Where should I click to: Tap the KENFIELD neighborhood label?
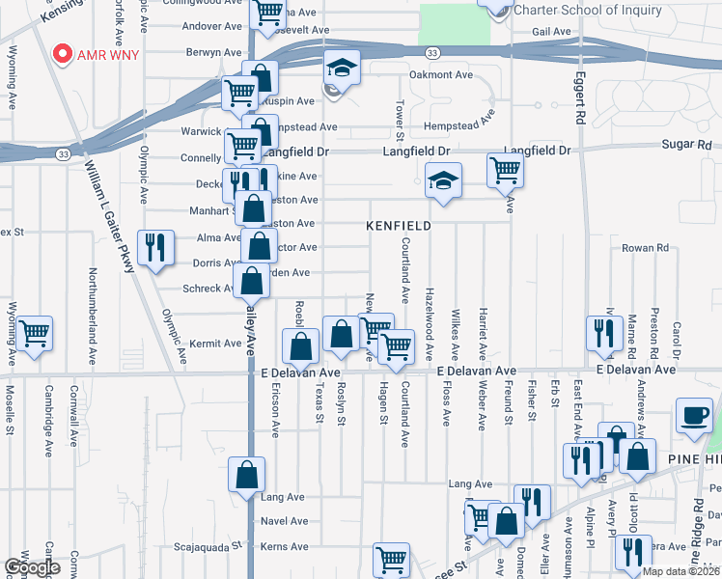(398, 226)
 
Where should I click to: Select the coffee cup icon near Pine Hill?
(694, 417)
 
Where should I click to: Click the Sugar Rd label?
(686, 145)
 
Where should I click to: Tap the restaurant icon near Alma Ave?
(153, 249)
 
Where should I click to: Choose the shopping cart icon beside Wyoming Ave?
(35, 335)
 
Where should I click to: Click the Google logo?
(32, 567)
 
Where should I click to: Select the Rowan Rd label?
(645, 248)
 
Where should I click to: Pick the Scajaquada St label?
(205, 547)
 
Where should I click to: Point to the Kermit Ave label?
(214, 344)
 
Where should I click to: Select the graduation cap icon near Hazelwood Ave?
(443, 180)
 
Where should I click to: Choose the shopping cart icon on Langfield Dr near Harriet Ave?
(505, 172)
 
